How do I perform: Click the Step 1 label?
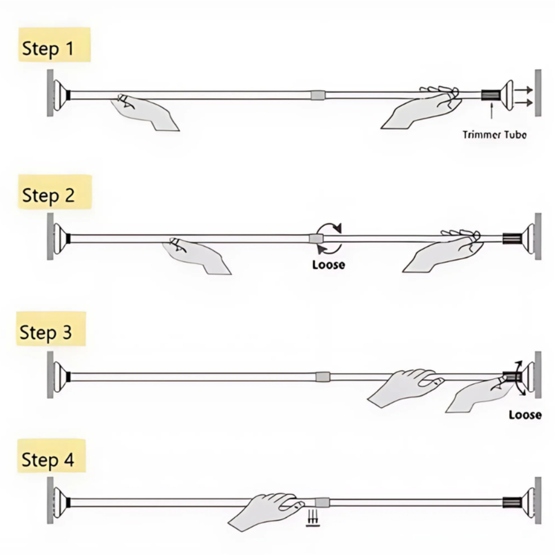coord(54,45)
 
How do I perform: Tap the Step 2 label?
coord(55,192)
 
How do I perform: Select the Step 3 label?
coord(51,329)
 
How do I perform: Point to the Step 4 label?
coord(51,456)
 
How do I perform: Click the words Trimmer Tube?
coord(494,135)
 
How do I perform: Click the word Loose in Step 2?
coord(328,264)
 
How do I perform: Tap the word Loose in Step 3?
coord(526,414)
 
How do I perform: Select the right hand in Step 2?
coord(442,251)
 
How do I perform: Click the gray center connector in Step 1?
coord(318,95)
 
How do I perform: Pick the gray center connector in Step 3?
coord(323,376)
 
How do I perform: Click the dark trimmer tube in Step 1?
coord(491,95)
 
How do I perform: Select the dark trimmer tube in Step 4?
coord(512,502)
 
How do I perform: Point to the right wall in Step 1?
coord(538,93)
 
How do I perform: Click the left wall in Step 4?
coord(50,501)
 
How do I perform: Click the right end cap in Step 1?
coord(508,95)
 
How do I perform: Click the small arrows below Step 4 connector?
coord(313,518)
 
